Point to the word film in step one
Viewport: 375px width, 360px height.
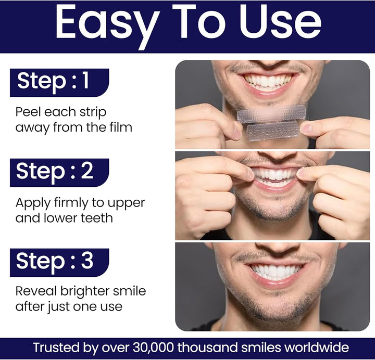[x=118, y=127]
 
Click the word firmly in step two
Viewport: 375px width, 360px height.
[x=71, y=202]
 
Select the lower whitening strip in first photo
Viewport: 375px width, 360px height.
[x=272, y=131]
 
